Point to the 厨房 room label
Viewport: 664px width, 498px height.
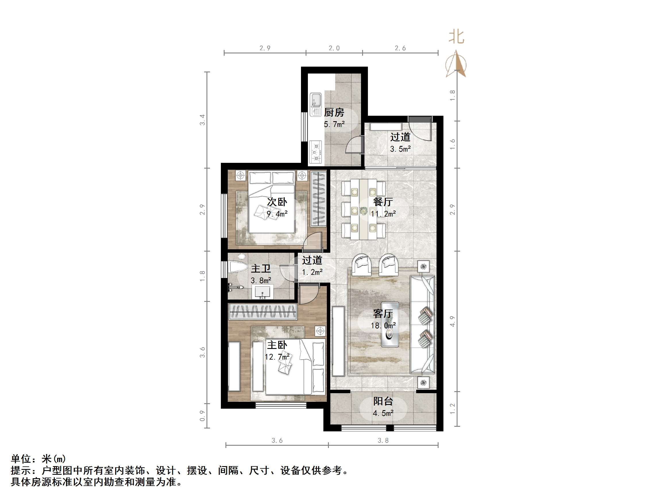point(334,113)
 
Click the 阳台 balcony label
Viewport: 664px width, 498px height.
point(383,401)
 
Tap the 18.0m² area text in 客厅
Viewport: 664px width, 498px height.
point(383,325)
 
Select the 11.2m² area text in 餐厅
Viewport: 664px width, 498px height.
point(383,214)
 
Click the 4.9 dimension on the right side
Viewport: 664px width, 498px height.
point(453,321)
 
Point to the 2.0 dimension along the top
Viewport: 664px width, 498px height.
point(334,48)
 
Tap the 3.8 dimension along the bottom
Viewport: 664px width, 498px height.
point(383,440)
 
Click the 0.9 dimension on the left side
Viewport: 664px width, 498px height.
point(203,416)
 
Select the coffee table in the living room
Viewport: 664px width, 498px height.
point(390,325)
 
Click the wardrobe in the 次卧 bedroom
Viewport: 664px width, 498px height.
point(318,198)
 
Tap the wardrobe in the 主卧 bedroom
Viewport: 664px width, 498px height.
point(263,311)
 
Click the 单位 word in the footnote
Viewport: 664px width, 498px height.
point(21,459)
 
